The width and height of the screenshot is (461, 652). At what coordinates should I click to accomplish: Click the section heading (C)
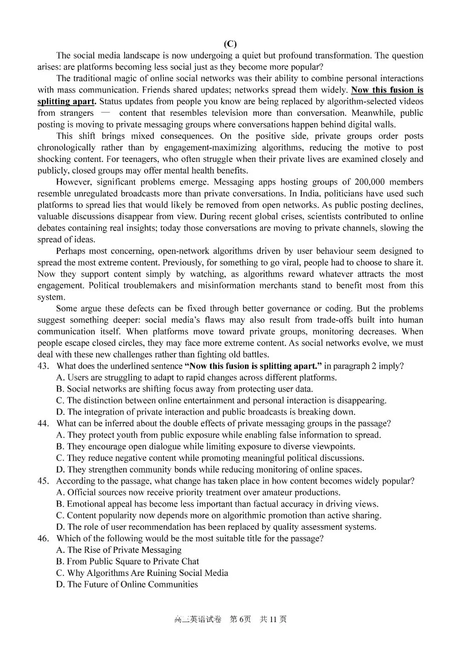point(230,44)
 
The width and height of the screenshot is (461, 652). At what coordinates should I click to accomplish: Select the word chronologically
point(67,148)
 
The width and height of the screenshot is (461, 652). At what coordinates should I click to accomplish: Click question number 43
point(43,366)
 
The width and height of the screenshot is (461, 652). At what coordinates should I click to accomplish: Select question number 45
point(43,481)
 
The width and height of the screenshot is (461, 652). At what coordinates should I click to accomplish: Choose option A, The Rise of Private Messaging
point(119,550)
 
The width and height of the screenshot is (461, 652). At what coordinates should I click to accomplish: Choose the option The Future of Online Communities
point(127,585)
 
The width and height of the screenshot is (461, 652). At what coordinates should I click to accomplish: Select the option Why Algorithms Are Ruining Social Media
point(142,573)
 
